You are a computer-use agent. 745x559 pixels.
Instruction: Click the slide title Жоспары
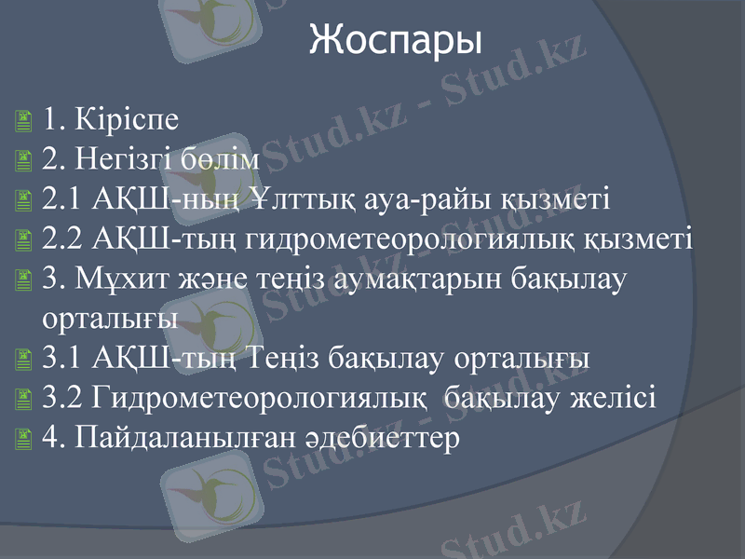[396, 40]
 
